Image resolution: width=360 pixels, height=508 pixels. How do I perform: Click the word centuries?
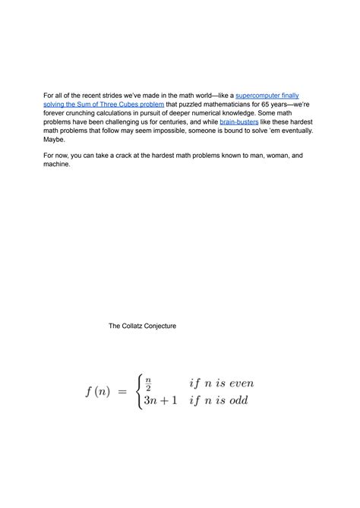(172, 121)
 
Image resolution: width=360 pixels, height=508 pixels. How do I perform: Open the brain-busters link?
(238, 121)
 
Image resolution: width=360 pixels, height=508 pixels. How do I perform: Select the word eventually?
(291, 131)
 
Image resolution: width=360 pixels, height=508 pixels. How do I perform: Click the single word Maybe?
(55, 140)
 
